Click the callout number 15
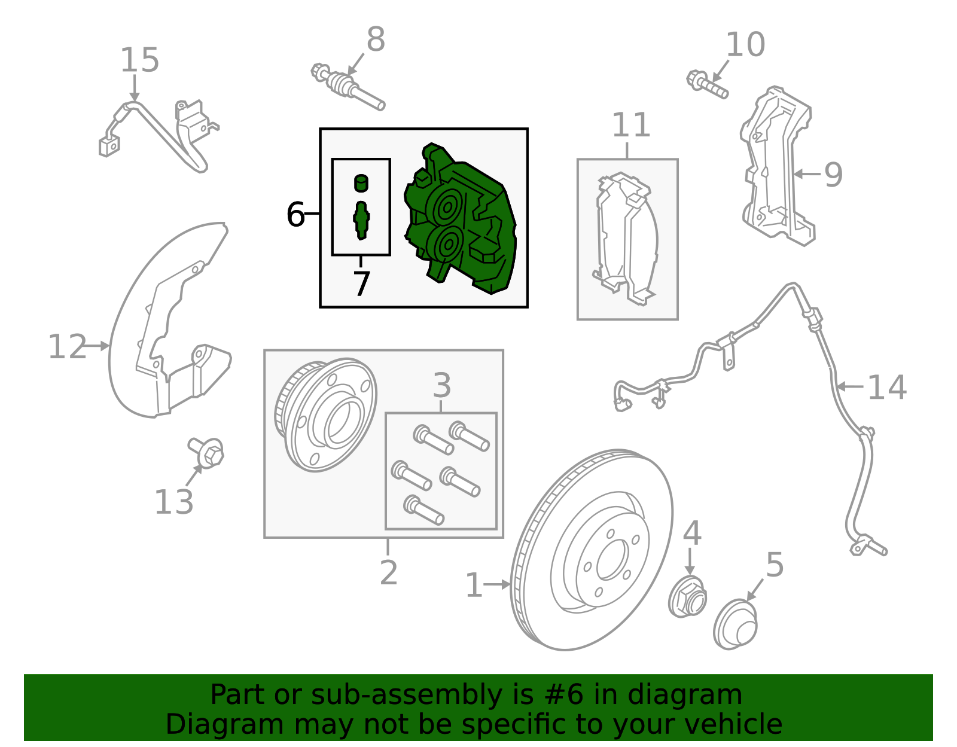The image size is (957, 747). pos(139,60)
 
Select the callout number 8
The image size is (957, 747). pos(376,39)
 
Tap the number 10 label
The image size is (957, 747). pos(745,44)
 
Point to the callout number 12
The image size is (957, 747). pos(67,347)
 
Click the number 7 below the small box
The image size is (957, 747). pos(362,284)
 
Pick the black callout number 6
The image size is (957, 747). pos(295,214)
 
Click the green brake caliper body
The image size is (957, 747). pos(460,218)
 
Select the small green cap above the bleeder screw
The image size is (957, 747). pos(361,183)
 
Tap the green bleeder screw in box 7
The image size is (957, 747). pos(361,220)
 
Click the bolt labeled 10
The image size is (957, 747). pos(707,84)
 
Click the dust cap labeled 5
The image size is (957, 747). pos(735,624)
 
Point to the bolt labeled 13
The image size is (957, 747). pos(206,453)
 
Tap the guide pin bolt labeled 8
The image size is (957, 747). pos(348,87)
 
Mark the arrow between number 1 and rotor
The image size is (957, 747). pos(497,584)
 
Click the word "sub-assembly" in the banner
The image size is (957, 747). pos(407,694)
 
